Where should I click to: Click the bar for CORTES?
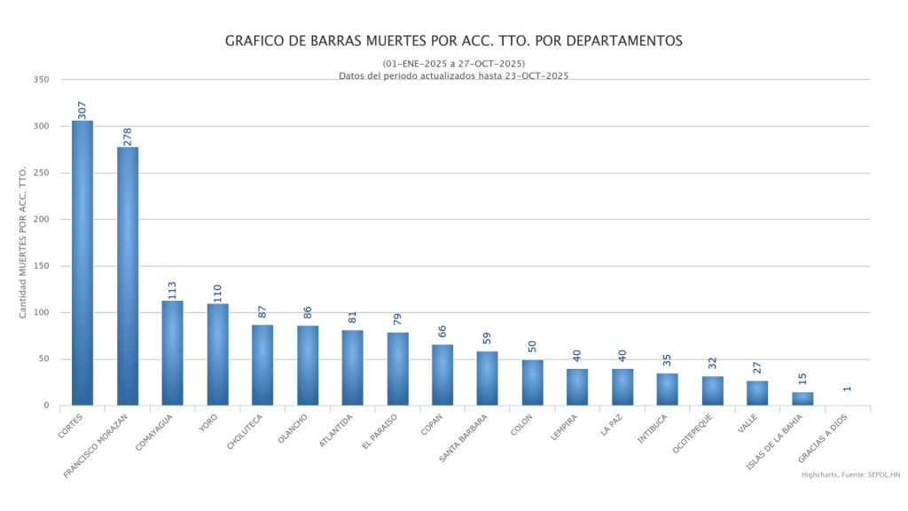pyautogui.click(x=82, y=263)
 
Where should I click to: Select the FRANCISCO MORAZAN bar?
pyautogui.click(x=128, y=276)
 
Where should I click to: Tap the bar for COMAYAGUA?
pyautogui.click(x=172, y=353)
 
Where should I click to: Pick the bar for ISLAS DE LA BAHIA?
pyautogui.click(x=802, y=398)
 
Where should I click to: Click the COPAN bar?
pyautogui.click(x=442, y=374)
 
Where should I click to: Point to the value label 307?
pyautogui.click(x=82, y=109)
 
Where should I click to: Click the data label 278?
pyautogui.click(x=128, y=136)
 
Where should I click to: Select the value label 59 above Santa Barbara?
pyautogui.click(x=488, y=340)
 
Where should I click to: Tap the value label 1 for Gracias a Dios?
pyautogui.click(x=848, y=388)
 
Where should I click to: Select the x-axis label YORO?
pyautogui.click(x=209, y=421)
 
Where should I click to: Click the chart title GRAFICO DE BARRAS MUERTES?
pyautogui.click(x=454, y=41)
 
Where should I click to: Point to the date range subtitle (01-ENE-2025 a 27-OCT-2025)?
pyautogui.click(x=454, y=64)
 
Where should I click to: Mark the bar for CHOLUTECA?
pyautogui.click(x=262, y=365)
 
